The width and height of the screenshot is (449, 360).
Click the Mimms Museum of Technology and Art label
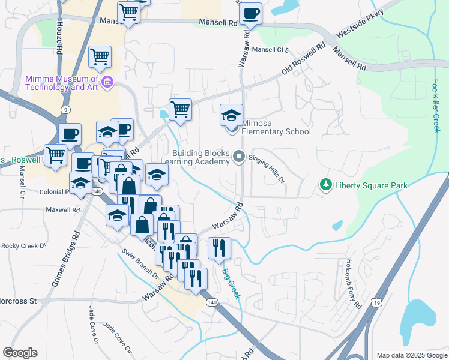pyautogui.click(x=62, y=83)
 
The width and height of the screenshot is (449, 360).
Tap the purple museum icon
pyautogui.click(x=107, y=82)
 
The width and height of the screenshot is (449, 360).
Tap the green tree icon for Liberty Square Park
pyautogui.click(x=326, y=184)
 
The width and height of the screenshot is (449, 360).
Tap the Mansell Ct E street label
pyautogui.click(x=271, y=50)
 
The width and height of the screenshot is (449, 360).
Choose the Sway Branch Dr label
pyautogui.click(x=139, y=265)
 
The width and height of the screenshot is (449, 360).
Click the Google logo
pyautogui.click(x=20, y=353)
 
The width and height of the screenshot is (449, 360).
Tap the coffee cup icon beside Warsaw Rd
pyautogui.click(x=250, y=14)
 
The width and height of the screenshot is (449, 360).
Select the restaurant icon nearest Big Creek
pyautogui.click(x=219, y=248)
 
